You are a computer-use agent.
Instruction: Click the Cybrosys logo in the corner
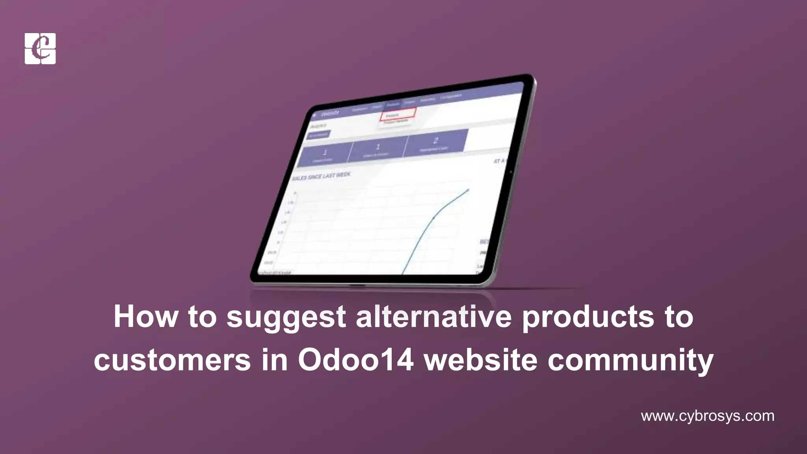[x=40, y=48]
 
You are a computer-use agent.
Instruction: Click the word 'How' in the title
[x=146, y=317]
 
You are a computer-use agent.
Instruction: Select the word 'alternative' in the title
[x=434, y=317]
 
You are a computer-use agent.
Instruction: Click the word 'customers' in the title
[x=172, y=360]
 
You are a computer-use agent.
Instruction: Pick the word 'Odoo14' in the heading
[x=355, y=359]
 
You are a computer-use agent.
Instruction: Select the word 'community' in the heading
[x=630, y=360]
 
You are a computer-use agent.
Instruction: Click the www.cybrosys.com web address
[x=707, y=416]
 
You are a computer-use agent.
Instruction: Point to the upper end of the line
[x=468, y=190]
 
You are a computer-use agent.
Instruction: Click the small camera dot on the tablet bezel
[x=511, y=172]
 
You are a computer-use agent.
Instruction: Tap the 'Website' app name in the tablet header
[x=330, y=113]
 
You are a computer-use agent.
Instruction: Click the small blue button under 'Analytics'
[x=318, y=135]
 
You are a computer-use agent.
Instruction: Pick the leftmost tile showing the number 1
[x=325, y=154]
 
